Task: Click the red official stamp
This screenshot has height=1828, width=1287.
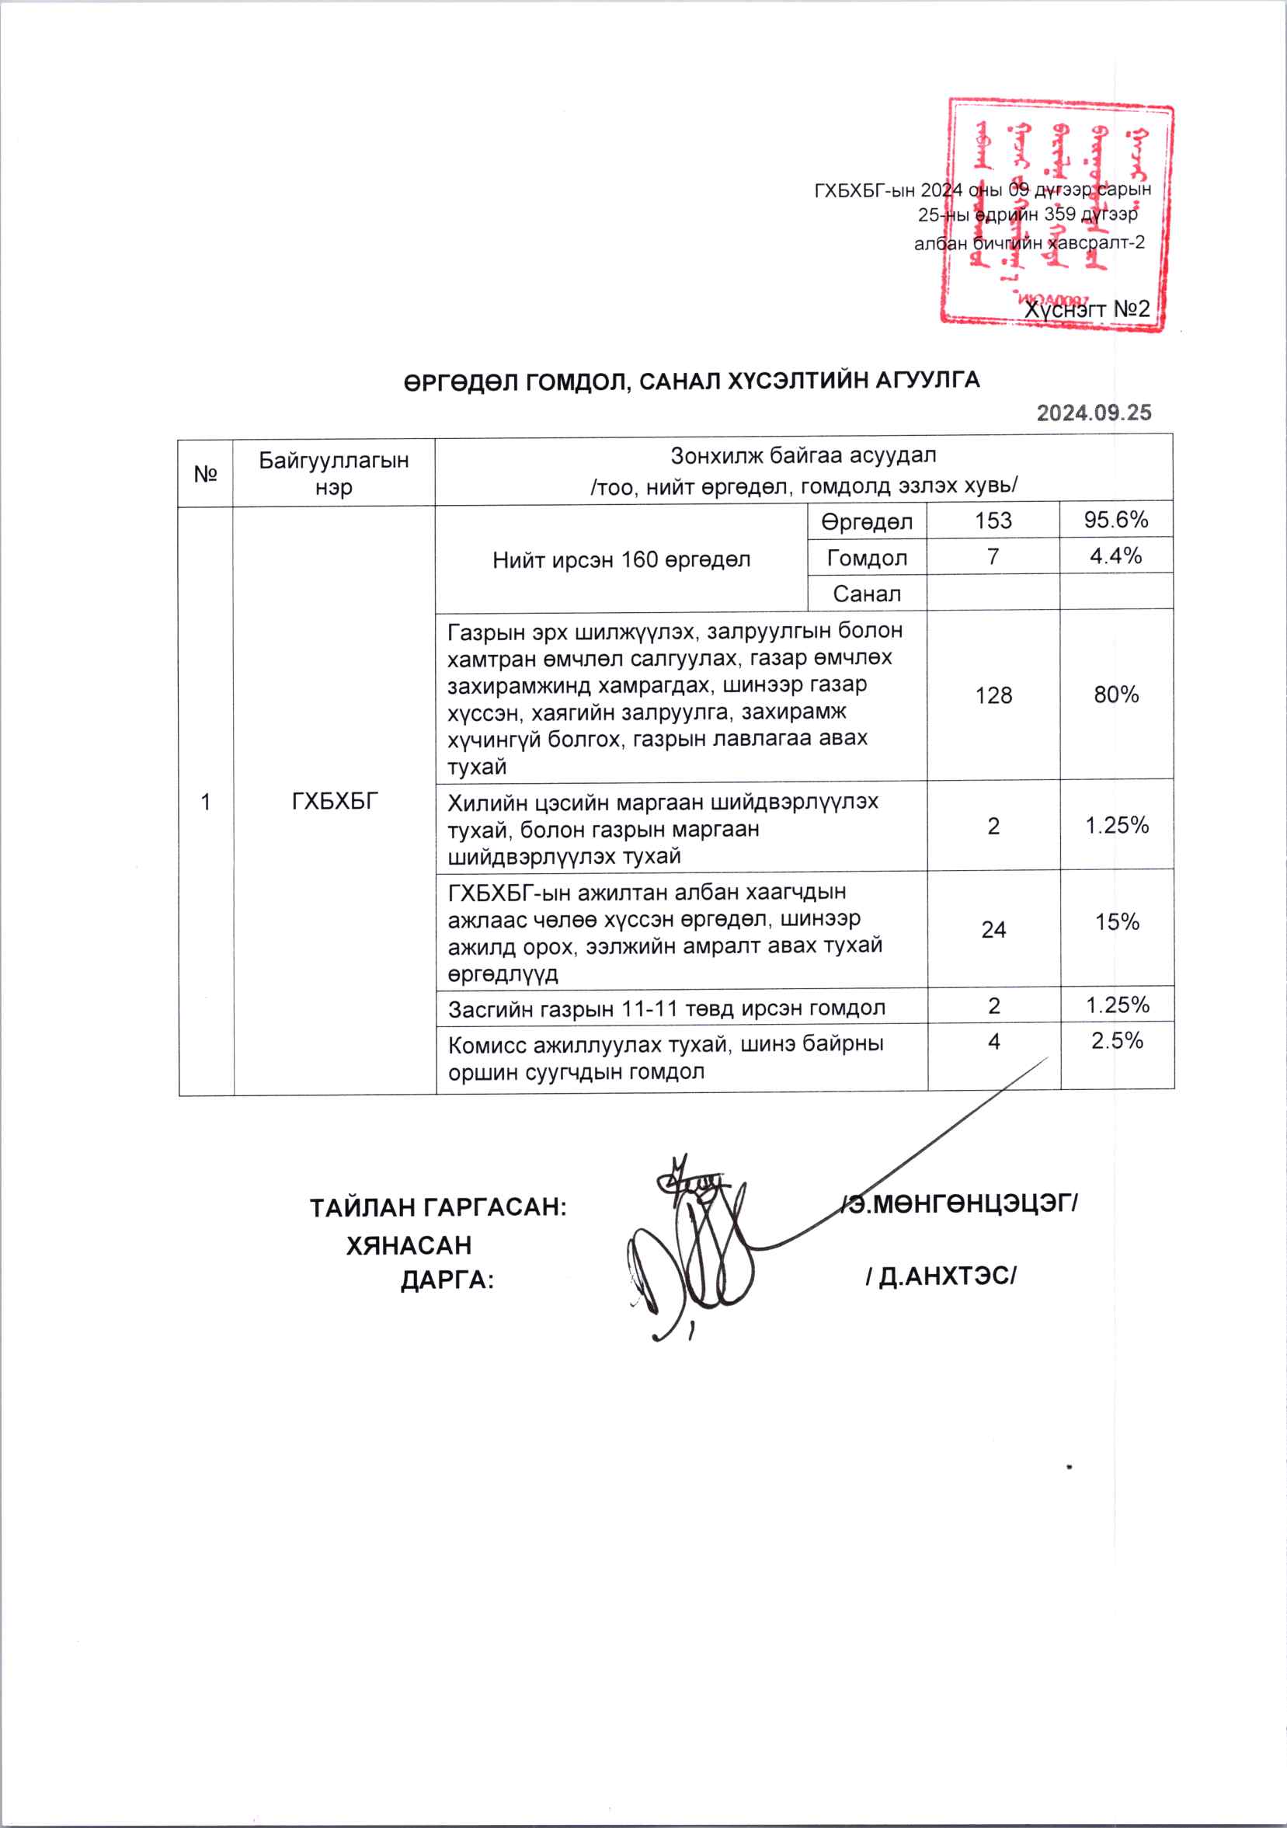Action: (1057, 214)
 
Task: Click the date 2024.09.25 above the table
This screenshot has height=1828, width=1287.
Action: (1094, 413)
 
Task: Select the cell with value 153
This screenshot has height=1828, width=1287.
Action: (993, 521)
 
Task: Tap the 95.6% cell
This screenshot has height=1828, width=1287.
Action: (1116, 520)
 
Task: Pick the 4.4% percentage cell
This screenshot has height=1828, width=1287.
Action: (1116, 555)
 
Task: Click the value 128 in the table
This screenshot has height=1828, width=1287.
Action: (993, 695)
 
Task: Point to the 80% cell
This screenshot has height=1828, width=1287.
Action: (1116, 695)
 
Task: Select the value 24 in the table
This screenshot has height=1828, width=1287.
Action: (993, 929)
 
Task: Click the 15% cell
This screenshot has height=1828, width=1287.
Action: (1117, 922)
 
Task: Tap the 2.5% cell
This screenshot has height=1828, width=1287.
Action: (1117, 1040)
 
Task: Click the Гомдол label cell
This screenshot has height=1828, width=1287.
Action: (867, 557)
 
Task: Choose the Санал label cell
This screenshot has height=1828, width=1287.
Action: (867, 593)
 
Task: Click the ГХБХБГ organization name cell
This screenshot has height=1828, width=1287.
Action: (334, 801)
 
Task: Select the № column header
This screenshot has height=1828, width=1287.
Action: (205, 474)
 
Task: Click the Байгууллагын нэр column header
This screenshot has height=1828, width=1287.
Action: (333, 473)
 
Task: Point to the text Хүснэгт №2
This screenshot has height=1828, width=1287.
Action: (1087, 309)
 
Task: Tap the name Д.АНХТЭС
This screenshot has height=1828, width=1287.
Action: (941, 1276)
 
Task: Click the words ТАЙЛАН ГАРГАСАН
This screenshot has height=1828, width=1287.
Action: (438, 1208)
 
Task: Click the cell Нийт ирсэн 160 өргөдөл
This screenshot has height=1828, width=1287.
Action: (621, 559)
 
